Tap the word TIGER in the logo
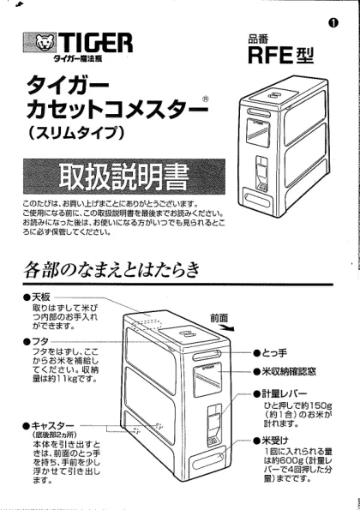(95, 42)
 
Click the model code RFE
(269, 56)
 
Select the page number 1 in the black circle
(333, 22)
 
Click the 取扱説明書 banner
(124, 177)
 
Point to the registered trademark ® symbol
(205, 99)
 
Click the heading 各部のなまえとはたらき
(111, 271)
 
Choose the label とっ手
(271, 352)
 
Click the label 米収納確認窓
(285, 371)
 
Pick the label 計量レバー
(280, 394)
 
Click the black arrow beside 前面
(226, 327)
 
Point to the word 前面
(219, 318)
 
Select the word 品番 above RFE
(258, 39)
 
